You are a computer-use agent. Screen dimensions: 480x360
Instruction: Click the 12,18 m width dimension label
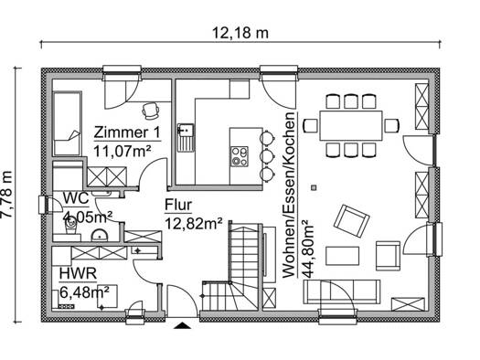(x=240, y=33)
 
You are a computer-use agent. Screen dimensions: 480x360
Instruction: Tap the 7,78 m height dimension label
(x=6, y=195)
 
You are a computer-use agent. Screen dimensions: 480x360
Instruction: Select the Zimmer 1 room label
(x=127, y=132)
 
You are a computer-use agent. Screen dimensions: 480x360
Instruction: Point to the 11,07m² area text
(x=123, y=151)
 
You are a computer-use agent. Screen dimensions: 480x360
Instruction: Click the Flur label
(x=178, y=205)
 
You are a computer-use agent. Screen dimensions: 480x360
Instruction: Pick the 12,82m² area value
(x=194, y=223)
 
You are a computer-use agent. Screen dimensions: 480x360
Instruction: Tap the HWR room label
(x=78, y=273)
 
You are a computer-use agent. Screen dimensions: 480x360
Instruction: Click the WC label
(x=76, y=198)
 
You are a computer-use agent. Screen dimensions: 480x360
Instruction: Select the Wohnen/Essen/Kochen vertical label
(x=289, y=196)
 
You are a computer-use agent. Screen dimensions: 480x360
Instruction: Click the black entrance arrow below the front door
(x=183, y=325)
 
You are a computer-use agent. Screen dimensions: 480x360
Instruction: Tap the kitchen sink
(x=186, y=138)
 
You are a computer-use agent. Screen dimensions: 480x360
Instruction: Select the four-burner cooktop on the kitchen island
(x=240, y=156)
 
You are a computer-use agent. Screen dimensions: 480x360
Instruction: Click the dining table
(x=351, y=126)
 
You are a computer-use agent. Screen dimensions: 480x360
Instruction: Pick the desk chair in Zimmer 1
(x=151, y=111)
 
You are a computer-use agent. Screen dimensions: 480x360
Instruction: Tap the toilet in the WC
(x=71, y=226)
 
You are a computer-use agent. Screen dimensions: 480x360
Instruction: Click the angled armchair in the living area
(x=351, y=220)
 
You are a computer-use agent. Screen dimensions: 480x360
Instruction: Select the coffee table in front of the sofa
(x=342, y=256)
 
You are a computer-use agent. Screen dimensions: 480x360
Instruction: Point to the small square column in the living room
(x=314, y=187)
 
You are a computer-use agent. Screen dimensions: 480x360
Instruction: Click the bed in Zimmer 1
(x=68, y=123)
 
